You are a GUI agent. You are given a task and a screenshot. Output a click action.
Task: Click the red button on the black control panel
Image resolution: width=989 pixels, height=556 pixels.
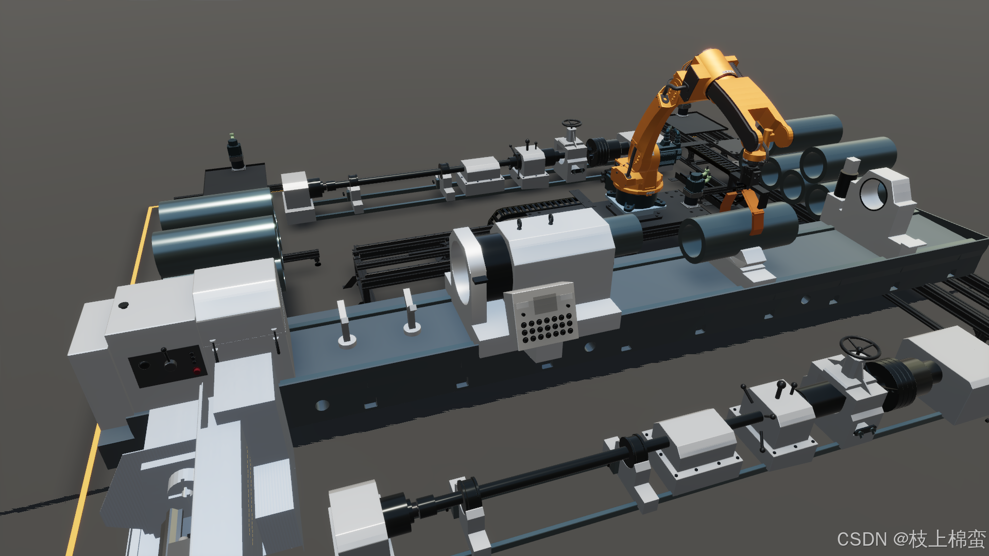[196, 370]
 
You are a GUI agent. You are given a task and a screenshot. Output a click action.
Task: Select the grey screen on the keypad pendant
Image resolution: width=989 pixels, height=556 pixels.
[544, 304]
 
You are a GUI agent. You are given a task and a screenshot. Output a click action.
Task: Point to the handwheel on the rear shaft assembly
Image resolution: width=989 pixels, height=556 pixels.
[571, 124]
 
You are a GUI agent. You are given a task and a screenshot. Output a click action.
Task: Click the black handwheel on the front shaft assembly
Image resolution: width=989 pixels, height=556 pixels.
[859, 348]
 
